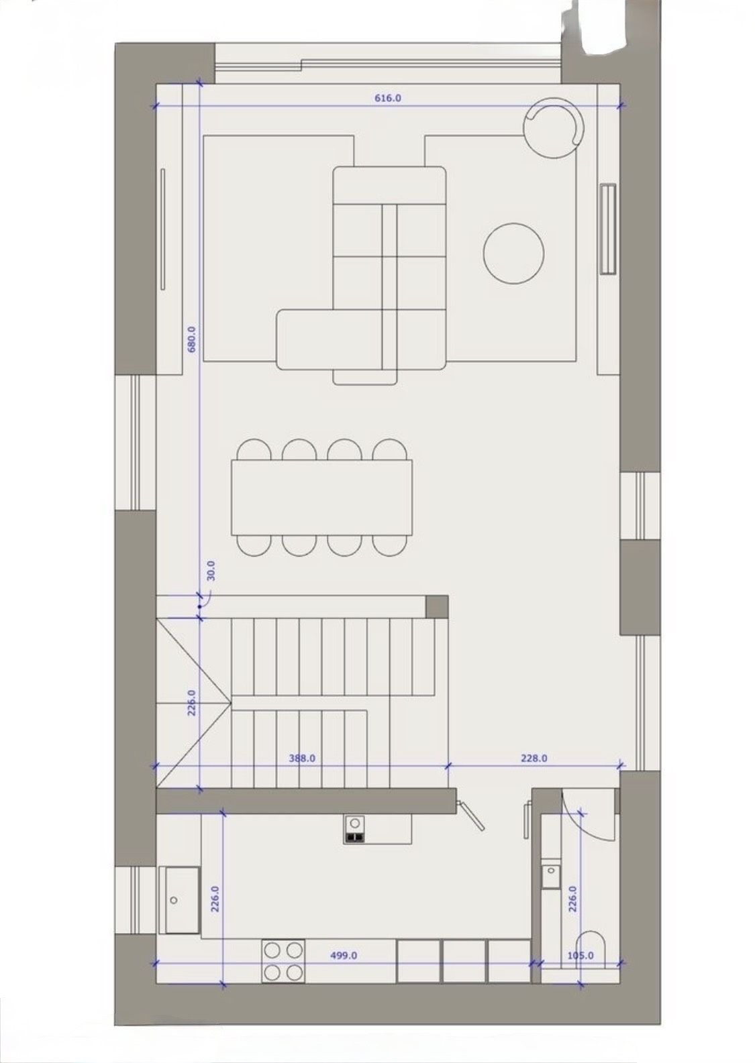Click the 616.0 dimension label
coord(388,98)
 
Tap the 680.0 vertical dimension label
coord(192,339)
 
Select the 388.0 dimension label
coord(302,759)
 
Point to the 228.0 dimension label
coord(534,759)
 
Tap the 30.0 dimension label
coord(211,571)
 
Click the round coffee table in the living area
coord(513,254)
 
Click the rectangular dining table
coord(322,498)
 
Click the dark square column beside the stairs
coord(437,606)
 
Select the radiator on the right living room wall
coord(608,229)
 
